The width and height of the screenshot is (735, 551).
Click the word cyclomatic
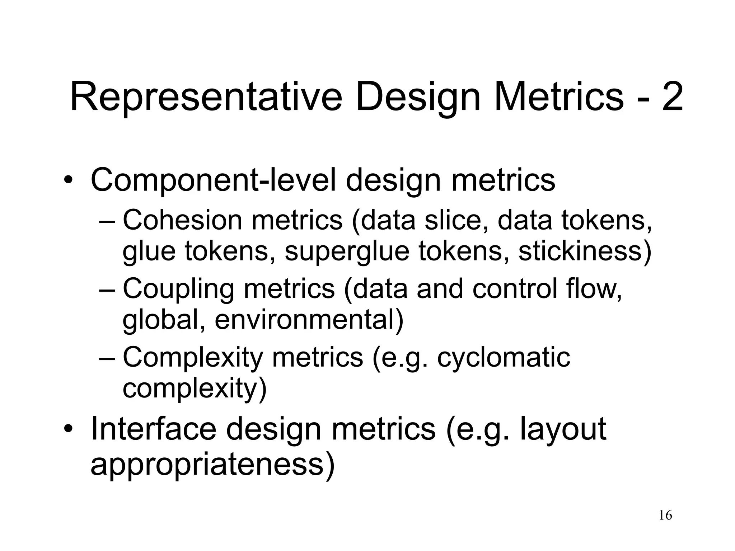click(504, 357)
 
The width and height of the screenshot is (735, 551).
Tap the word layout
click(563, 430)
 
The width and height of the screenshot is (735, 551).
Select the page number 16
click(665, 515)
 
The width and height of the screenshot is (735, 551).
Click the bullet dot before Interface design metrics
click(68, 429)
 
